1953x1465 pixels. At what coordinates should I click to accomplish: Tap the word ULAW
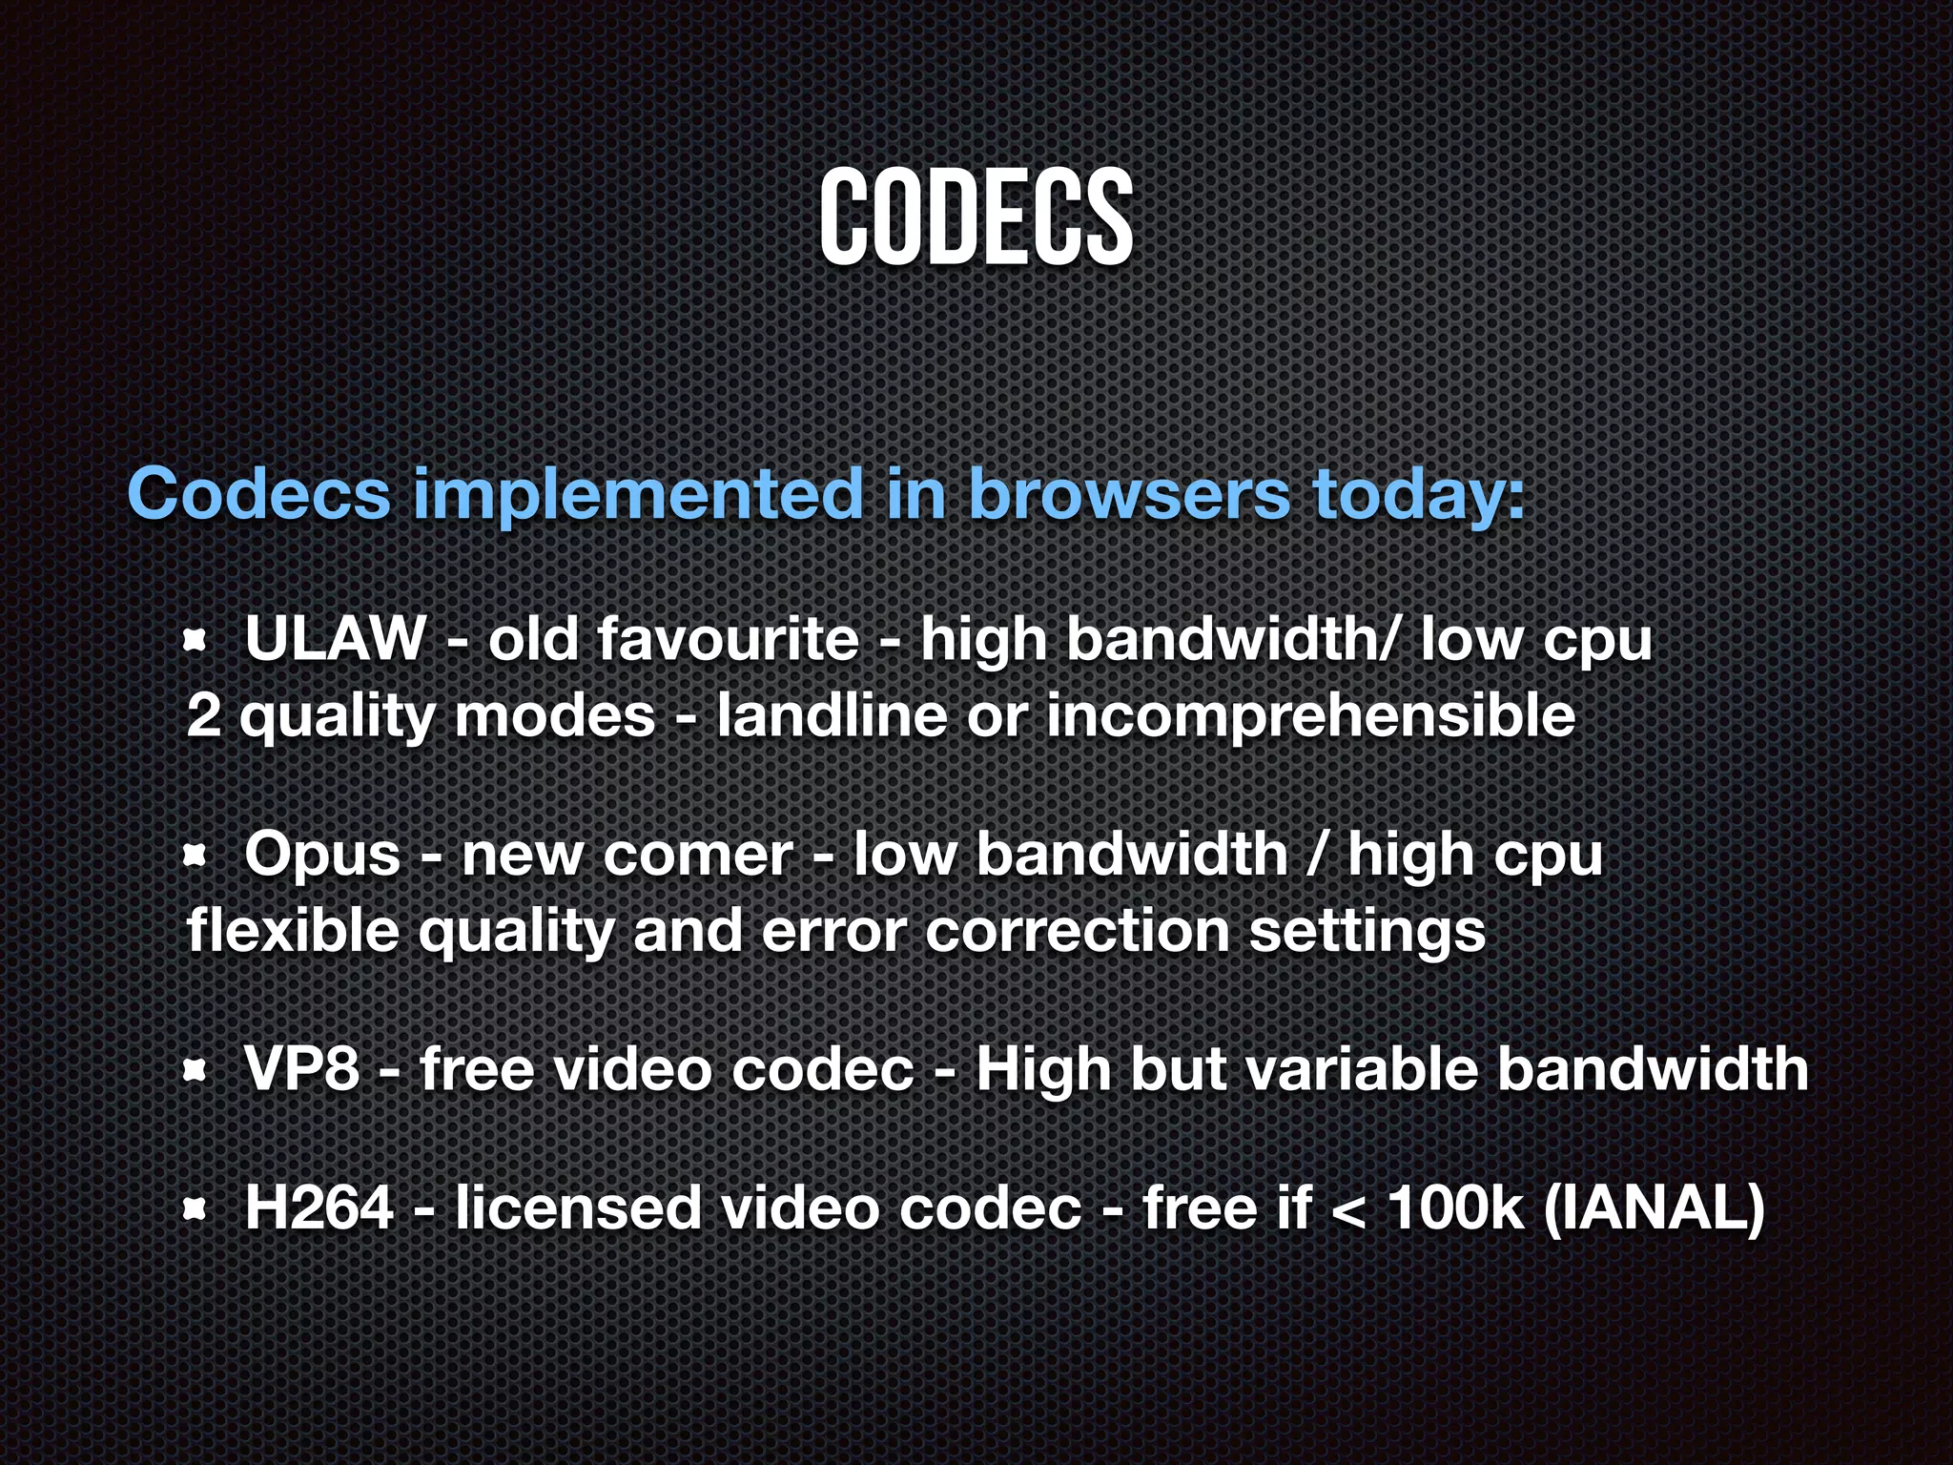tap(335, 638)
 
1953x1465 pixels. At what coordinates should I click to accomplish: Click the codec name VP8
tap(301, 1068)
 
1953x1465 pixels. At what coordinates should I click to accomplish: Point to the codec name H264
tap(319, 1207)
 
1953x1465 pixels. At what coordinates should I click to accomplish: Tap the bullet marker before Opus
tap(195, 856)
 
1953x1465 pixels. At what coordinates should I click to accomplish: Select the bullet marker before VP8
tap(195, 1071)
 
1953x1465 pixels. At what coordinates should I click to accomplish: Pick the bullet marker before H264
tap(195, 1210)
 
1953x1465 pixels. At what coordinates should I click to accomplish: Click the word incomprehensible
tap(1310, 717)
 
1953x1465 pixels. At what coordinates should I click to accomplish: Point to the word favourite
tap(729, 638)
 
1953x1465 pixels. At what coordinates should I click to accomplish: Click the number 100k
tap(1455, 1207)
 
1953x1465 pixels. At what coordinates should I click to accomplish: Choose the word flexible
tap(293, 930)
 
